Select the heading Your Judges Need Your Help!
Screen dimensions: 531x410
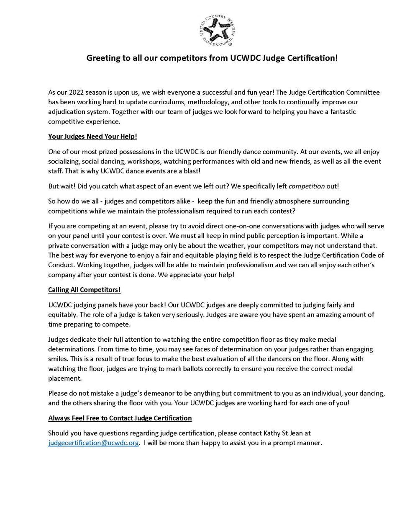tap(92, 137)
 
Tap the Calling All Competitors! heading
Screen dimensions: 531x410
tap(85, 290)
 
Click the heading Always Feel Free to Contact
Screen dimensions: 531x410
tap(120, 418)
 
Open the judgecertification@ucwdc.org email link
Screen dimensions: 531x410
tap(93, 443)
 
